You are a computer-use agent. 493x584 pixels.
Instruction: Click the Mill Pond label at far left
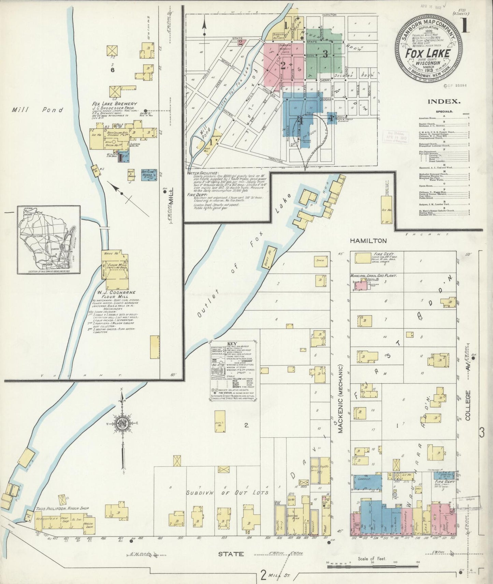[x=38, y=110]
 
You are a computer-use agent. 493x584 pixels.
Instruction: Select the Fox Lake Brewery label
[x=114, y=104]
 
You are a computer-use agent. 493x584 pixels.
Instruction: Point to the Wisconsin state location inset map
[x=49, y=239]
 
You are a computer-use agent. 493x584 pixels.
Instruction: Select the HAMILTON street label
[x=368, y=241]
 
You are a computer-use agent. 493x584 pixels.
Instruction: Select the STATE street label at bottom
[x=231, y=554]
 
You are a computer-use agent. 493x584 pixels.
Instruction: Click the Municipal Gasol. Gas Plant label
[x=373, y=275]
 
